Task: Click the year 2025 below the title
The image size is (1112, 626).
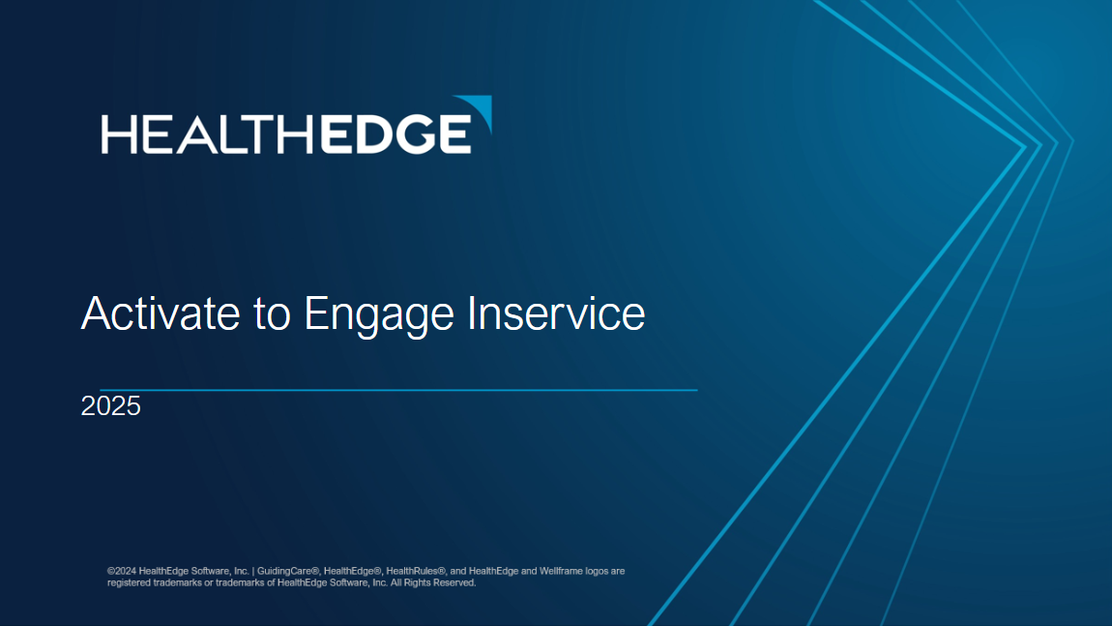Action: pyautogui.click(x=110, y=406)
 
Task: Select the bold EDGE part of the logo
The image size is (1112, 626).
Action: pyautogui.click(x=395, y=134)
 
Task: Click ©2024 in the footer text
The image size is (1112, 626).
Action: pyautogui.click(x=122, y=571)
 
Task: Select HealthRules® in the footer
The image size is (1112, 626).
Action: pyautogui.click(x=415, y=571)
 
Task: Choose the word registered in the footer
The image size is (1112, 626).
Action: pyautogui.click(x=129, y=583)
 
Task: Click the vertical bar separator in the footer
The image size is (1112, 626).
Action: pyautogui.click(x=253, y=571)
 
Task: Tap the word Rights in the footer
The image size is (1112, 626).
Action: pyautogui.click(x=418, y=583)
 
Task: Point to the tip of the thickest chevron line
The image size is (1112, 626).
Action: pyautogui.click(x=1024, y=147)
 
